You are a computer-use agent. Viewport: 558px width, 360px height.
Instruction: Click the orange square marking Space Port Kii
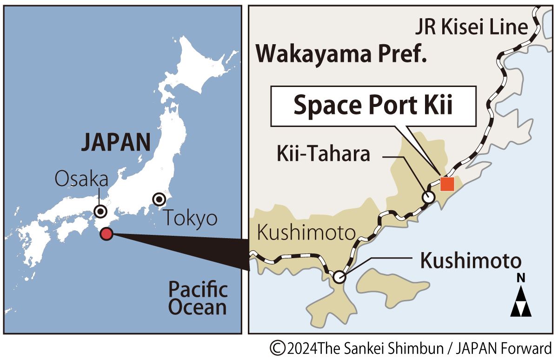(x=447, y=184)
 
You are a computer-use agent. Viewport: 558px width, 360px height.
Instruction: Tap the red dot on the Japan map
(x=106, y=234)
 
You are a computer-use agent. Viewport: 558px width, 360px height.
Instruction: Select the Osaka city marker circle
(x=100, y=211)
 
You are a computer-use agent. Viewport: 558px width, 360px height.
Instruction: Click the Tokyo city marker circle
(x=159, y=200)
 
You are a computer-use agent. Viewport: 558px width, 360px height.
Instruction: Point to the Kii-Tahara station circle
(x=428, y=197)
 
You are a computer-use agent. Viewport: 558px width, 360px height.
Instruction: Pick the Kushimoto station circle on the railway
(x=339, y=278)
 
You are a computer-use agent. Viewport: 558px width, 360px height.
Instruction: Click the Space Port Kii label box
(x=373, y=106)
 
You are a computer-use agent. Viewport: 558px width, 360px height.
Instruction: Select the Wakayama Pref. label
(x=341, y=54)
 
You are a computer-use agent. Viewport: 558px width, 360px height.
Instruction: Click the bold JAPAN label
(x=116, y=143)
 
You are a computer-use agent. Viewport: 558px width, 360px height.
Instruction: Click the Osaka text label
(x=81, y=179)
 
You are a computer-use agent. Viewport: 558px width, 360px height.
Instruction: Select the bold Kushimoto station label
(x=471, y=261)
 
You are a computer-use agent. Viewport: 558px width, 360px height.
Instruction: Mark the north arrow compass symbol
(x=521, y=300)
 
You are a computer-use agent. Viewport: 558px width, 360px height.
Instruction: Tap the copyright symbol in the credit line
(x=278, y=348)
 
